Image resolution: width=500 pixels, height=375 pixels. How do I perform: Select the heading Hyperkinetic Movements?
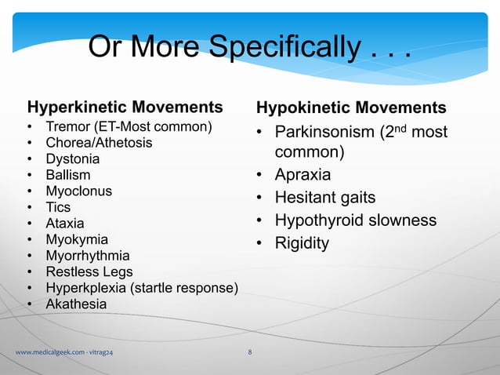coord(125,107)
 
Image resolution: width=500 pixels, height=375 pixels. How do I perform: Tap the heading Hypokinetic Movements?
coord(351,107)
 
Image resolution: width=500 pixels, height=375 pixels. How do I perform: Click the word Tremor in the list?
coord(67,127)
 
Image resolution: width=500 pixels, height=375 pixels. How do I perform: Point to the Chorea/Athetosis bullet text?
coord(99,143)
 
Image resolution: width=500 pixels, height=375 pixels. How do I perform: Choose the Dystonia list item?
coord(73,159)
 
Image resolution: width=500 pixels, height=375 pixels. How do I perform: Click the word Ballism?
coord(68,175)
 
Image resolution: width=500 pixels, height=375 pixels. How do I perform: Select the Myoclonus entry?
coord(78,191)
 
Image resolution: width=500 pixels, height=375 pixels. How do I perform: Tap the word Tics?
coord(58,207)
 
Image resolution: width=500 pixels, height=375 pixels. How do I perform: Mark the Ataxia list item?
coord(64,224)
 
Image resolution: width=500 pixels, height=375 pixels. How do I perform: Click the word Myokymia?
coord(77,239)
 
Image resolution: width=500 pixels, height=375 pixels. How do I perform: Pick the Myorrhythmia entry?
coord(88,256)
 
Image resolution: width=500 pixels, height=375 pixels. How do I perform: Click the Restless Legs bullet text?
coord(84,271)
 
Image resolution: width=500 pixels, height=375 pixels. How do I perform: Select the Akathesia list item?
coord(76,304)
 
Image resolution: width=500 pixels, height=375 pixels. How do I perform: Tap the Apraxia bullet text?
coord(303,174)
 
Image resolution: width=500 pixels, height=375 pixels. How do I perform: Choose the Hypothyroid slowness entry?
coord(355,220)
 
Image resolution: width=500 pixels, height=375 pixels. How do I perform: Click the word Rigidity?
coord(302,243)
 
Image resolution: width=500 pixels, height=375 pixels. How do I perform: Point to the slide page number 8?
coord(249,352)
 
